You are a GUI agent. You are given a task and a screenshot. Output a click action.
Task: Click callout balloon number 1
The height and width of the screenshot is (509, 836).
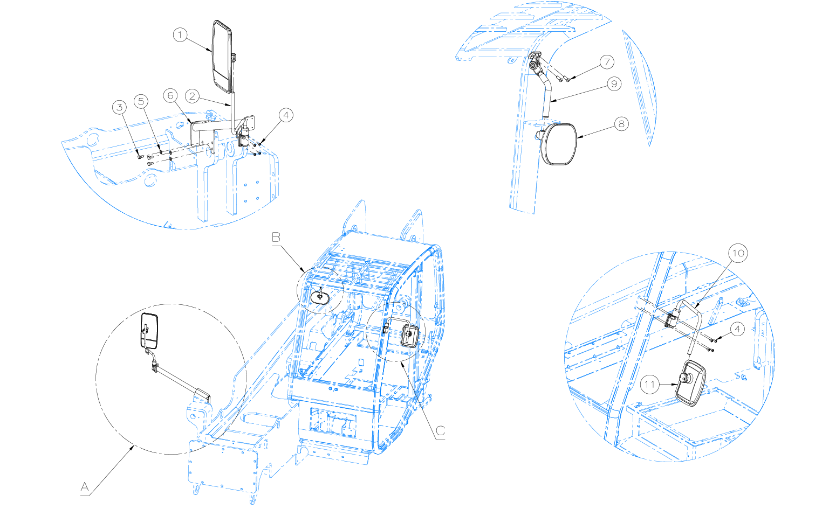point(180,35)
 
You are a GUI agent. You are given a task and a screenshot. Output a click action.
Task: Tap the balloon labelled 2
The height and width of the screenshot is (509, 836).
point(192,96)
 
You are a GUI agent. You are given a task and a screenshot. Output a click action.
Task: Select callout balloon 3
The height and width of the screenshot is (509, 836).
point(119,107)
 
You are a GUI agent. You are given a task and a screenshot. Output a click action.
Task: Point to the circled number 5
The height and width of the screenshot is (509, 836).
point(141,101)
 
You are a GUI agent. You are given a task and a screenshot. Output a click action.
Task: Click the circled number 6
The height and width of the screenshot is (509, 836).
point(170,95)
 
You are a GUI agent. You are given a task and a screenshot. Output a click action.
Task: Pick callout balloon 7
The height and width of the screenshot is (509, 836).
point(607,61)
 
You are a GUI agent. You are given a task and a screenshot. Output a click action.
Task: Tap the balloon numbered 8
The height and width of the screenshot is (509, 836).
point(621,123)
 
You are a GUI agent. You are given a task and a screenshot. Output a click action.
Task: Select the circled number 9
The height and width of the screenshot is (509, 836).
point(614,83)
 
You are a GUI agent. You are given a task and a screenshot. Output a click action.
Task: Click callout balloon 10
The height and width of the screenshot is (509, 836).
point(738,253)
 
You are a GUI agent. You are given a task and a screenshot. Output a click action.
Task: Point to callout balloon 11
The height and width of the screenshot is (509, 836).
point(650,384)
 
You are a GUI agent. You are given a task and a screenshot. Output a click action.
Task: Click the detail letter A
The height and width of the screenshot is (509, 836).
point(85,486)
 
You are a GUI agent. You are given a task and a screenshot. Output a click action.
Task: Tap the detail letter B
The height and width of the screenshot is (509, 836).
point(276,237)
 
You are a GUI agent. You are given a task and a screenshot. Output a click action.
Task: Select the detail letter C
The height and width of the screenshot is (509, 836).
point(441,431)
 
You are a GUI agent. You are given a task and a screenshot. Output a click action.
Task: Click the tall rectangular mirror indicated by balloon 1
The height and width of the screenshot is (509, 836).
point(222,56)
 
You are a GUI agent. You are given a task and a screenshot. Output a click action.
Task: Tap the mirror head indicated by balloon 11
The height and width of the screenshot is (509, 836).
point(690,383)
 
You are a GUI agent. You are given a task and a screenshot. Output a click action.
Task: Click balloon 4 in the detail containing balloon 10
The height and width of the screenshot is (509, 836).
point(737,330)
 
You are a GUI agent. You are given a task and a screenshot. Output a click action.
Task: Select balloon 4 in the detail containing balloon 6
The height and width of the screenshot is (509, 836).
point(286,115)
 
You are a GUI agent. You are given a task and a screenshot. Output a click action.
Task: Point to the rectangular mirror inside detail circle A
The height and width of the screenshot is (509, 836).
point(149,331)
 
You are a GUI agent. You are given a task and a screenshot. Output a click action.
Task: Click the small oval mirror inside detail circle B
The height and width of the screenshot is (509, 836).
point(320,297)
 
